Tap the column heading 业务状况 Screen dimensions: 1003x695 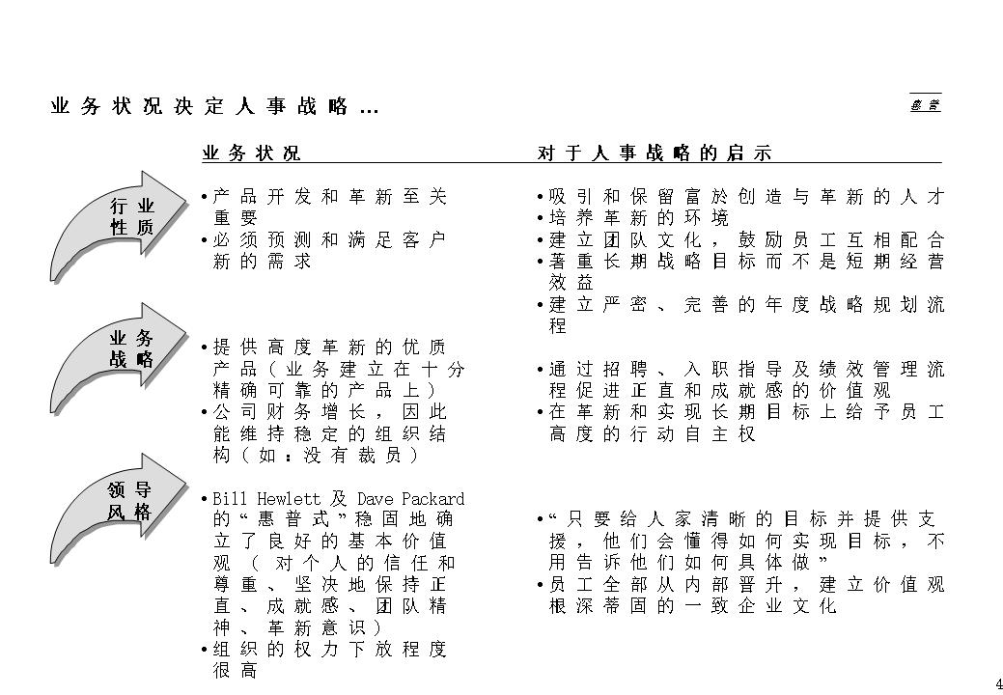click(251, 153)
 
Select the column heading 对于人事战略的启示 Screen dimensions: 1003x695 click(655, 153)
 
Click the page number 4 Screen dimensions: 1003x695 click(998, 684)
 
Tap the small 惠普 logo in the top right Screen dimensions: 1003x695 click(925, 104)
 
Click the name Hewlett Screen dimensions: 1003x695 click(289, 499)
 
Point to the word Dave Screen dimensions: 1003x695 click(373, 499)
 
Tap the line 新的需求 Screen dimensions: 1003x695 click(262, 261)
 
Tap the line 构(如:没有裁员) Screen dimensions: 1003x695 click(315, 455)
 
